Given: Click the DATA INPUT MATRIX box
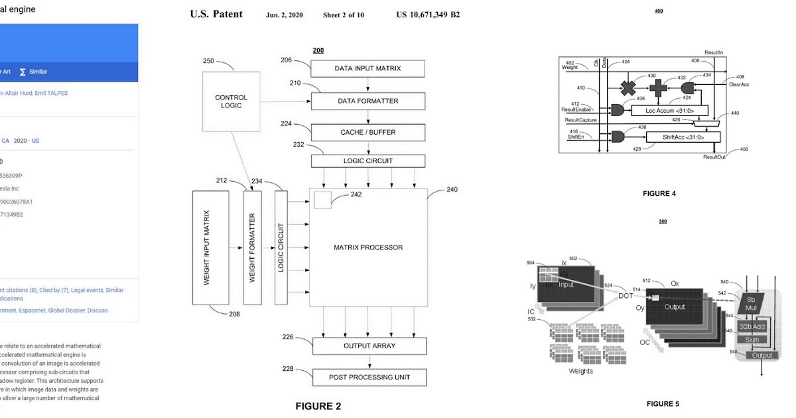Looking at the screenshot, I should coord(368,68).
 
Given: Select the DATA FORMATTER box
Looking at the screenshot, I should coord(368,101).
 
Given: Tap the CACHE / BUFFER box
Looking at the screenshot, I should coord(368,132).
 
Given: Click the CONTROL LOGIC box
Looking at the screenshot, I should coord(231,102).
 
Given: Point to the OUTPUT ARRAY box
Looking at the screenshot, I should coord(369,346).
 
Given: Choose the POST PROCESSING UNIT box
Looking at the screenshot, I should coord(369,378).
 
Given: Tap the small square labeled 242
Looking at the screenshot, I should coord(322,200).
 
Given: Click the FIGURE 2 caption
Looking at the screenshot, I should coord(318,406).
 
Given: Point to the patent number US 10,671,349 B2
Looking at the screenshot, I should coord(428,15).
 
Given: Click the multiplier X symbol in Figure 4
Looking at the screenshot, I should coord(628,88).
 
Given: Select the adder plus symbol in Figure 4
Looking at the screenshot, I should coord(657,88).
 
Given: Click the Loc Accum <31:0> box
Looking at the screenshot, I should coord(670,110).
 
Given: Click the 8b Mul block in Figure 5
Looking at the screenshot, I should coord(751,304).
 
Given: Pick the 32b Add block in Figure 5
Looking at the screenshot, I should coord(752,326).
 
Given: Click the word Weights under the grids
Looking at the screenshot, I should coord(581,371).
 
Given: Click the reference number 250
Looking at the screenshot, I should coord(208,61).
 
